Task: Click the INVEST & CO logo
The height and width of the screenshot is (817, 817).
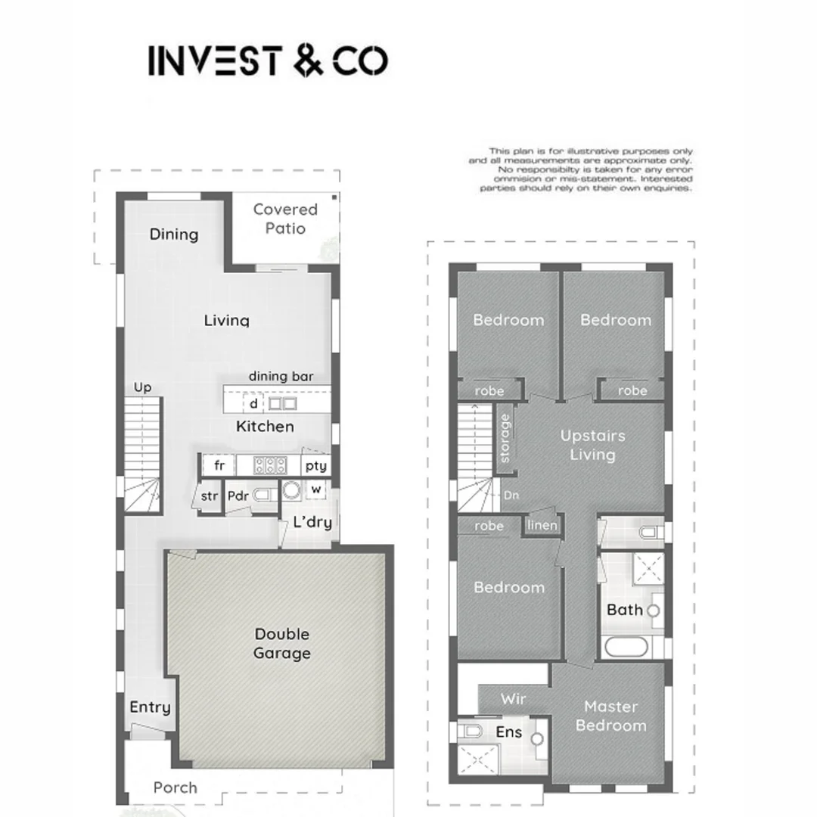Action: click(268, 61)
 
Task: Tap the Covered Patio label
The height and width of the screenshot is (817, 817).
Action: click(285, 219)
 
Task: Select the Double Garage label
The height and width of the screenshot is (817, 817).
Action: click(281, 644)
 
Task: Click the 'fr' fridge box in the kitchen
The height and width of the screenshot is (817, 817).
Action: click(219, 465)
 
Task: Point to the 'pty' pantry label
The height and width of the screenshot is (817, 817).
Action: click(315, 466)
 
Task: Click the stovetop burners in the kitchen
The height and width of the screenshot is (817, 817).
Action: click(270, 465)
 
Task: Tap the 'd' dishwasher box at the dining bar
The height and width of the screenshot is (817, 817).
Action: click(253, 403)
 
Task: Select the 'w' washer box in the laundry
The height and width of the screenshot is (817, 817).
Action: click(316, 490)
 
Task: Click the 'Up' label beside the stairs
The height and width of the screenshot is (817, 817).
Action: click(142, 387)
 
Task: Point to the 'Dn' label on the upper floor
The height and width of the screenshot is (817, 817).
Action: click(511, 496)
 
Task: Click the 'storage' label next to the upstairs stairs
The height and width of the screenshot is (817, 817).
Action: click(505, 437)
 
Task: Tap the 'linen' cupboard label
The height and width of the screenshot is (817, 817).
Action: click(542, 526)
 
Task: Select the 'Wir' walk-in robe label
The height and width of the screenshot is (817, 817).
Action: click(513, 699)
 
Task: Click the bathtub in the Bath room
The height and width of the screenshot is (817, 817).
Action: click(625, 648)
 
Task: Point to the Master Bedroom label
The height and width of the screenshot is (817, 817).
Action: click(610, 716)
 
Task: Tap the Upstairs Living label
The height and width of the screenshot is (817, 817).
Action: click(592, 445)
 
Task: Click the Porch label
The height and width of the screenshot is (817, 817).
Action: click(175, 787)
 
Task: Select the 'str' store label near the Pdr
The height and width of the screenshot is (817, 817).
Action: click(210, 497)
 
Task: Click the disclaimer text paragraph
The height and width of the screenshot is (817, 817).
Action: click(580, 170)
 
